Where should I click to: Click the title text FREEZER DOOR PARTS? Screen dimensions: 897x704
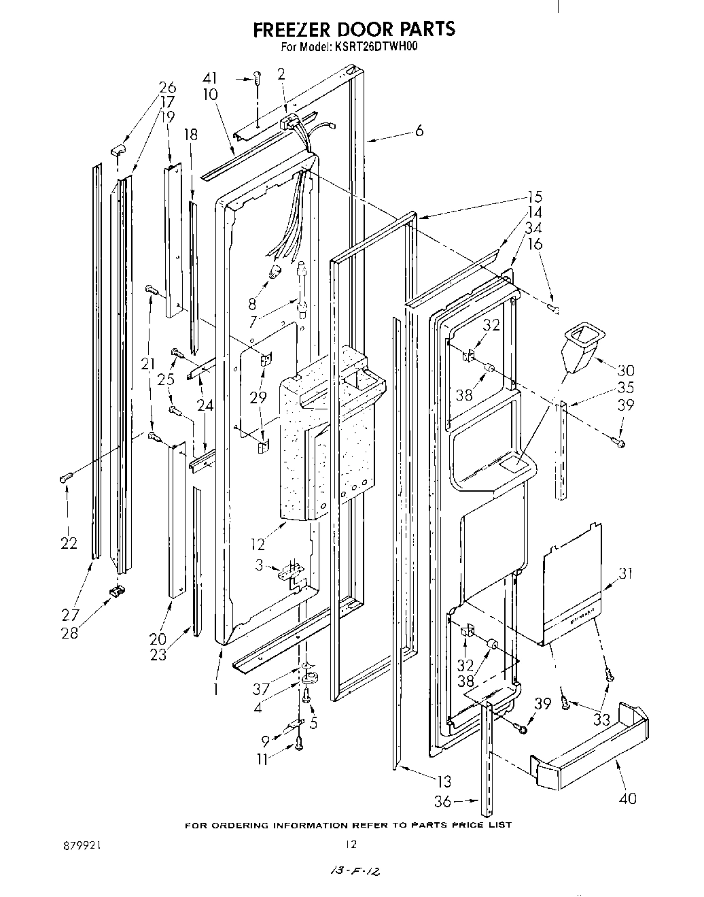coord(353,29)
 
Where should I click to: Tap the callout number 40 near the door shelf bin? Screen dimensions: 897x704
coord(628,798)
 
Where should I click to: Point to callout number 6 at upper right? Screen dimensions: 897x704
coord(419,131)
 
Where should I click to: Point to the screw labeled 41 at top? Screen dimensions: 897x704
coord(258,79)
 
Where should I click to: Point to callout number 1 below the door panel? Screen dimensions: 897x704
coord(215,688)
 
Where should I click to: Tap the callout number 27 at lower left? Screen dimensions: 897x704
coord(70,615)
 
